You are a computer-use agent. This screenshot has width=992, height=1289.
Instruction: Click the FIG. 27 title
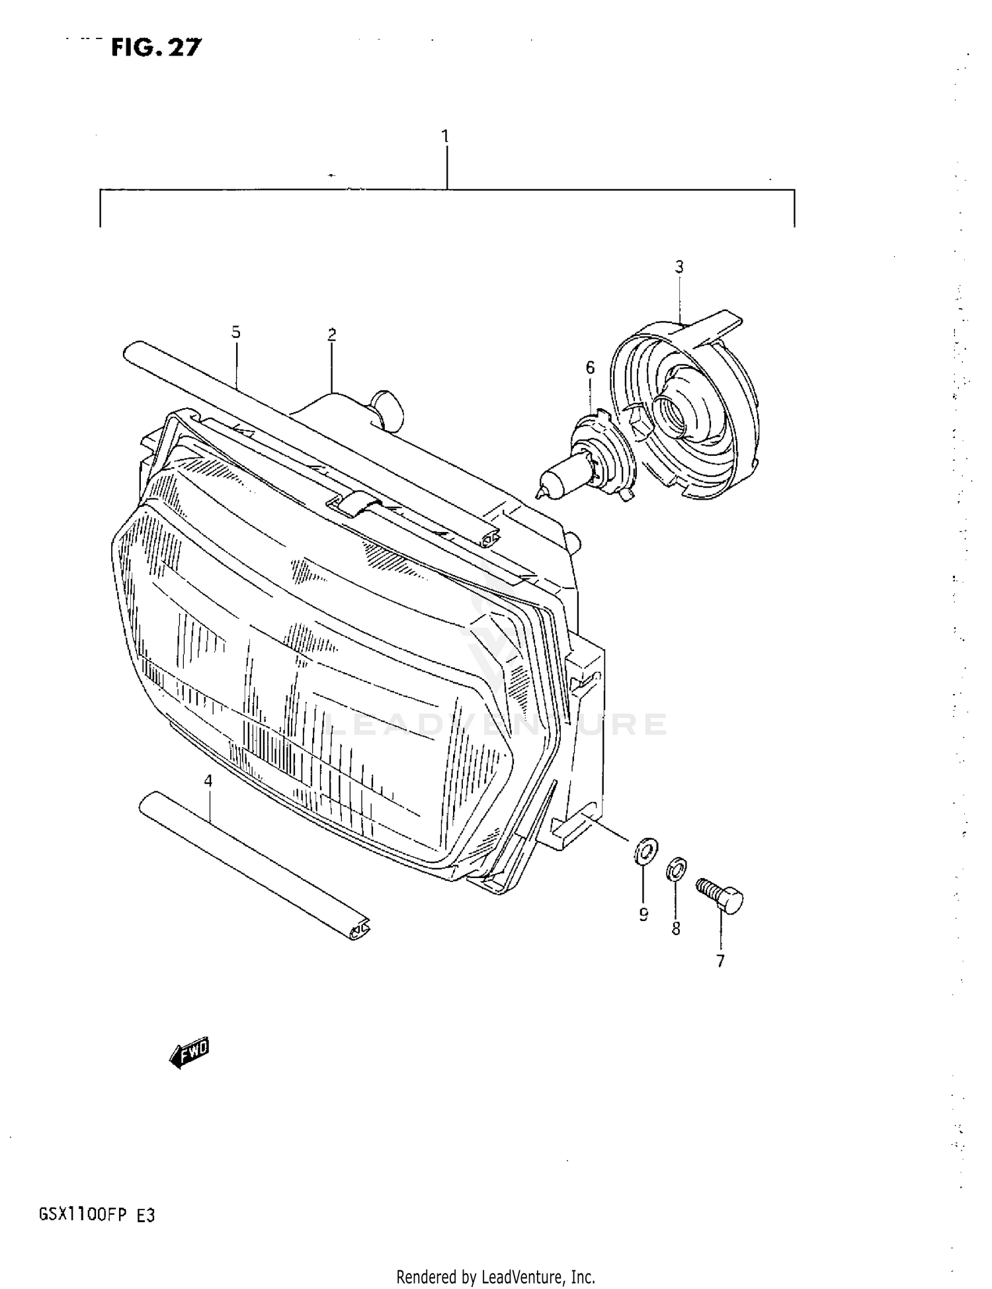point(156,48)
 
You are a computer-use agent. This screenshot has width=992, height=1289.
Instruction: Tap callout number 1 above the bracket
point(445,136)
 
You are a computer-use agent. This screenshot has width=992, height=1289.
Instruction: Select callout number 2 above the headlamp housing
point(332,335)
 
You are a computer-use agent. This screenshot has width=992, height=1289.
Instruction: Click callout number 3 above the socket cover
point(679,267)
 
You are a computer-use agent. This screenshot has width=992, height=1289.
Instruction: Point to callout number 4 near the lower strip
point(208,781)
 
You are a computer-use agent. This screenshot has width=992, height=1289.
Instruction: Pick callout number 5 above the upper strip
point(236,332)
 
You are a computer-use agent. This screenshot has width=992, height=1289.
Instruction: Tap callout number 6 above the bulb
point(591,367)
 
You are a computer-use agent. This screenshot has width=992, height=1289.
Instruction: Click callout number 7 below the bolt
point(720,961)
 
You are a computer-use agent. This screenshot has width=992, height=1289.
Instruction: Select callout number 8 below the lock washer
point(675,929)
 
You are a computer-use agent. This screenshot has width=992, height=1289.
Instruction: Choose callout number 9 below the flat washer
point(643,914)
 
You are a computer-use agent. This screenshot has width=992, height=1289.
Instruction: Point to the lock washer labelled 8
point(676,868)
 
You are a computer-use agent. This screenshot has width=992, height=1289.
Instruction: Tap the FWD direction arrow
point(190,1051)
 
